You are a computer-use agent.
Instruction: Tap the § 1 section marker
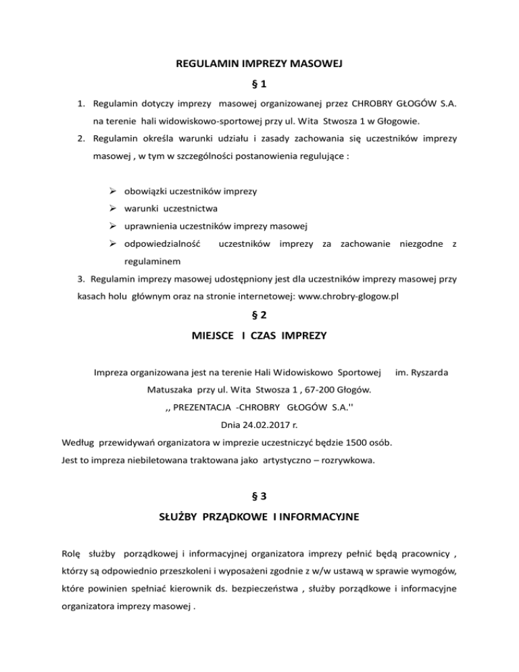(x=259, y=86)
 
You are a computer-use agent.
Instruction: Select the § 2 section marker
(x=259, y=316)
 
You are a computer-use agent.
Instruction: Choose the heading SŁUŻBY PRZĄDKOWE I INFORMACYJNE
(x=259, y=518)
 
